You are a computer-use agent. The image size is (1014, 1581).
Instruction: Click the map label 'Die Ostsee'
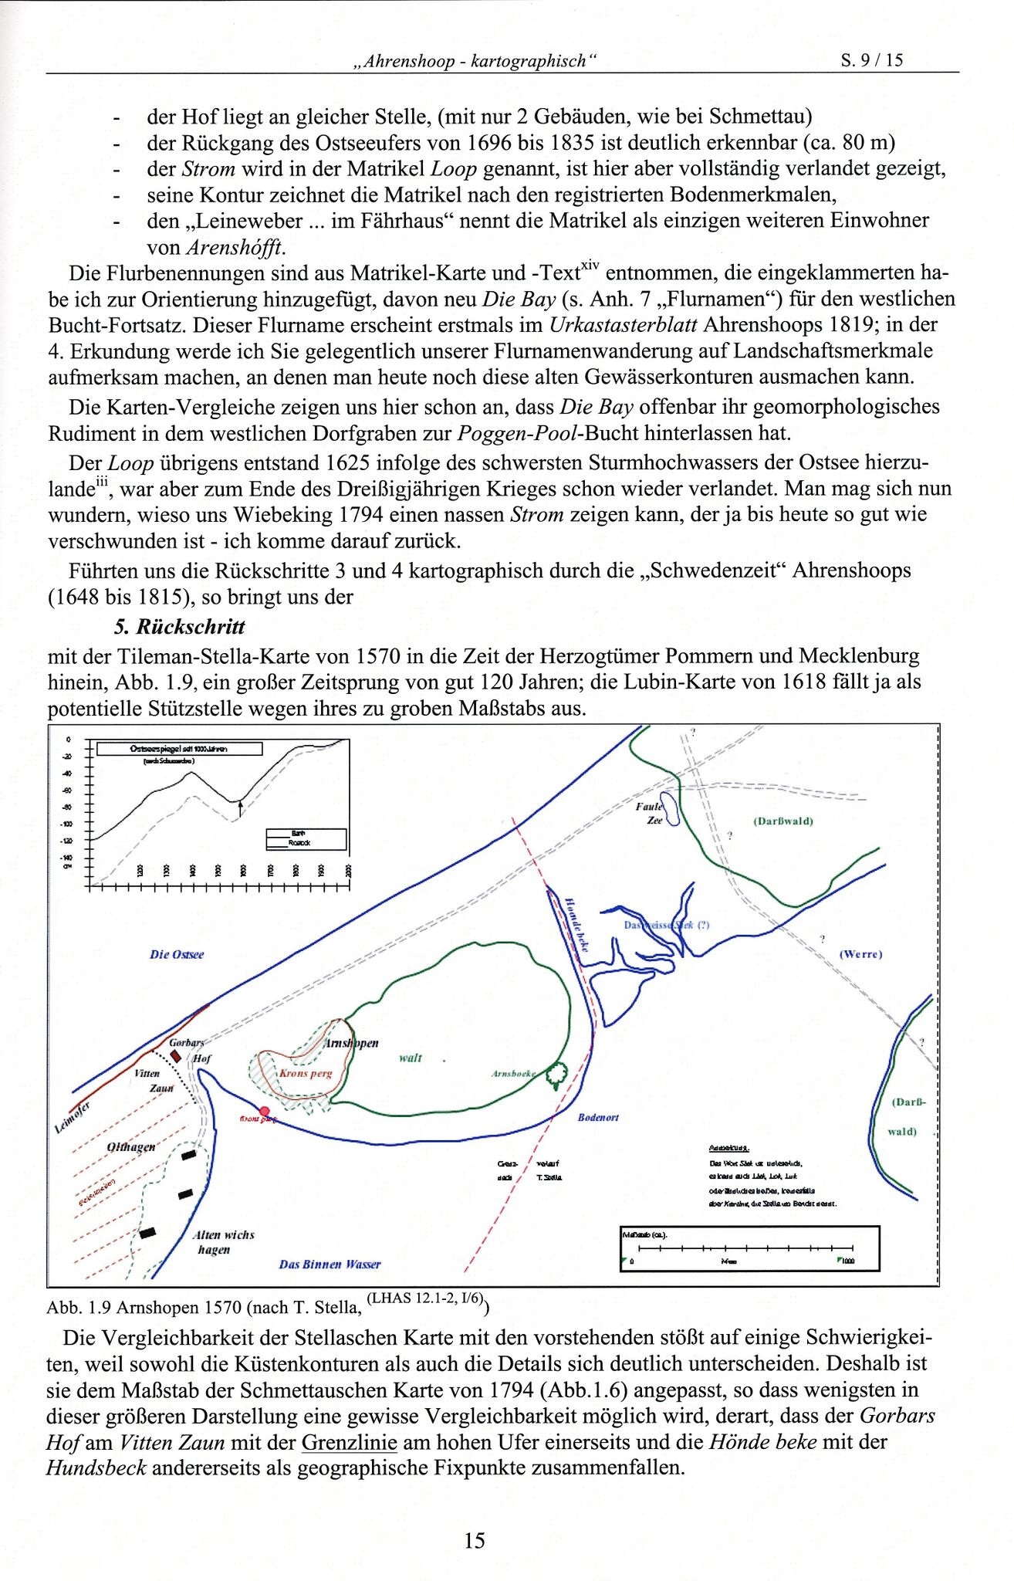[x=177, y=955]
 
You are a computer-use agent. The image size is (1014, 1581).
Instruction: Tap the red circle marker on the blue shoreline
[x=265, y=1112]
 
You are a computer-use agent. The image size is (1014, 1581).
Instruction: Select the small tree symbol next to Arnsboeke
[x=556, y=1074]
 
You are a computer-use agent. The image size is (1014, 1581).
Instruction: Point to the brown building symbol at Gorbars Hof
[x=176, y=1055]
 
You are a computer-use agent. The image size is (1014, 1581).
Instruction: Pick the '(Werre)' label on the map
[x=860, y=954]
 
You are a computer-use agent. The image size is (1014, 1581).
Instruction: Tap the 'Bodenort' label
[x=598, y=1117]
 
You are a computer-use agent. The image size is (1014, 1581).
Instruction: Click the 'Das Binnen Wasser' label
[x=330, y=1264]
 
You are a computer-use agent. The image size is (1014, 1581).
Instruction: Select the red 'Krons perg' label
[x=306, y=1073]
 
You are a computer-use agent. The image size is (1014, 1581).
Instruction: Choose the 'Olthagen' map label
[x=131, y=1147]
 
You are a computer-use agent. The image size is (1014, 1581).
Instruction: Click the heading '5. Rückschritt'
[x=179, y=627]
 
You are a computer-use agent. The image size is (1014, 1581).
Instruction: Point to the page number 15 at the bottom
[x=475, y=1541]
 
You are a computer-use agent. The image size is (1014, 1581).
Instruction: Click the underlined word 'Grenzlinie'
[x=349, y=1442]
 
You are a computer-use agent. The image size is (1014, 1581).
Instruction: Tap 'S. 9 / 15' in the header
[x=872, y=60]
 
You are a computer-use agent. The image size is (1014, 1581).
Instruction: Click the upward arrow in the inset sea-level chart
[x=240, y=807]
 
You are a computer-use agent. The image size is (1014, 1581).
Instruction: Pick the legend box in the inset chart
[x=306, y=838]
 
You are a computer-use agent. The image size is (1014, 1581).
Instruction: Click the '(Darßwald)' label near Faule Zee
[x=782, y=821]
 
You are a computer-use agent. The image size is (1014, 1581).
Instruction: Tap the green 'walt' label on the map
[x=410, y=1058]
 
